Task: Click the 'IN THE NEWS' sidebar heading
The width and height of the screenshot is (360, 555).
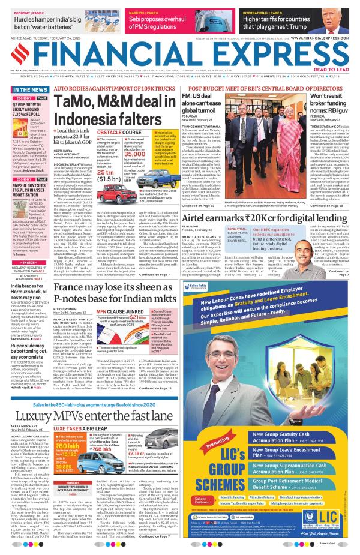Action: (x=26, y=89)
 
